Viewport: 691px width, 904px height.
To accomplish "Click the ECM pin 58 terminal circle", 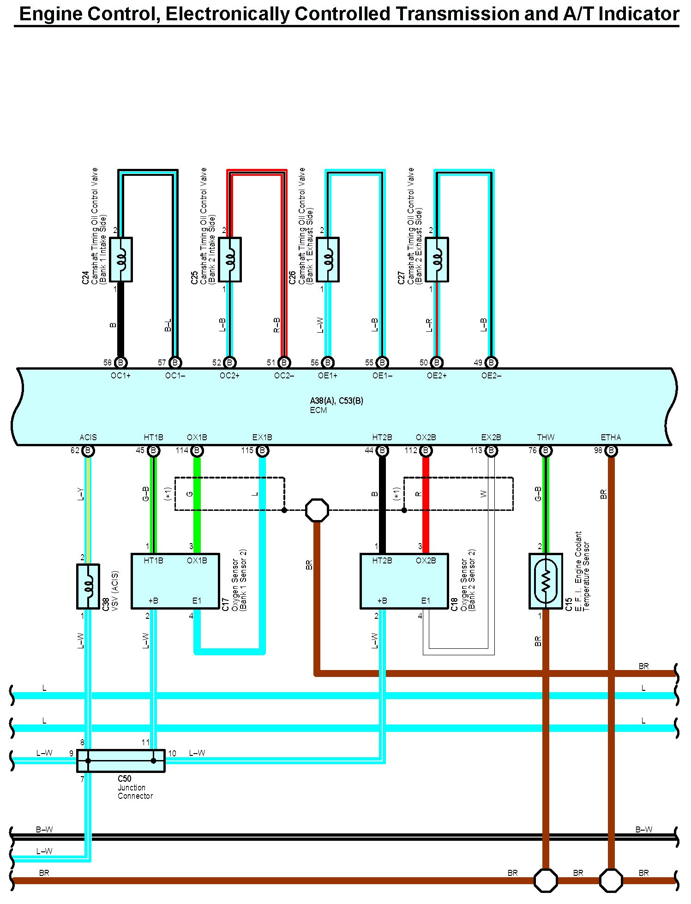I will [x=120, y=362].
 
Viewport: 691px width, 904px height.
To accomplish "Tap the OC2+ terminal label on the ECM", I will [x=229, y=376].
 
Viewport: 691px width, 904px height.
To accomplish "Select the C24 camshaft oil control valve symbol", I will [x=121, y=259].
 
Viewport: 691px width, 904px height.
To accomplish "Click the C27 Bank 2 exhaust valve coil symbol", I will [x=437, y=259].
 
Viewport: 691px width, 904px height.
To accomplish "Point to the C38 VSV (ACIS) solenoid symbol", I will [x=88, y=586].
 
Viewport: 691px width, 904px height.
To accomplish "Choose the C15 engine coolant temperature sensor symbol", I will [x=546, y=581].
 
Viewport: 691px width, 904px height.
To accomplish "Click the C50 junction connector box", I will [x=120, y=760].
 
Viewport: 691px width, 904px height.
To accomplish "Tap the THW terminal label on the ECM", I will [x=546, y=437].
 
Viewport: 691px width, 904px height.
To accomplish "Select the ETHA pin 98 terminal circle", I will [x=611, y=450].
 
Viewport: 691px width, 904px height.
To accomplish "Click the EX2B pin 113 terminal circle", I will [x=491, y=450].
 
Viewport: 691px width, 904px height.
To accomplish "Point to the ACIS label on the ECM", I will [x=88, y=437].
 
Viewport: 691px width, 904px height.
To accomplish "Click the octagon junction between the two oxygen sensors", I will [x=317, y=510].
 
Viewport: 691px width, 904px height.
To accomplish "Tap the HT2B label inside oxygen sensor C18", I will [x=382, y=560].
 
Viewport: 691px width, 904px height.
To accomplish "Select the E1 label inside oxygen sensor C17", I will [x=197, y=600].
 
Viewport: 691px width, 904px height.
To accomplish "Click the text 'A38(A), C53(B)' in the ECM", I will [x=336, y=401].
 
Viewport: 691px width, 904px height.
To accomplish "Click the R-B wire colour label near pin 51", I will [x=277, y=324].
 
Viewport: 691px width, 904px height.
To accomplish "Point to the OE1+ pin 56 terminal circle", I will [x=328, y=362].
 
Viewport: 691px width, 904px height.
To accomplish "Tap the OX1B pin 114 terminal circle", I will [x=197, y=450].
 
